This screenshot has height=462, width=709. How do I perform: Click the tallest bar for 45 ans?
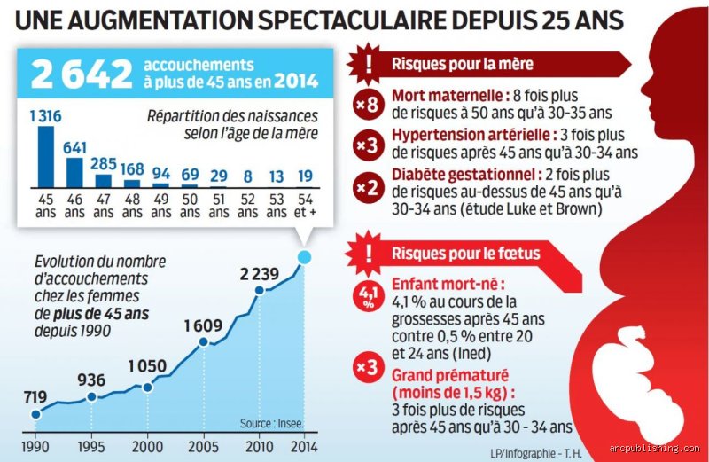pos(46,157)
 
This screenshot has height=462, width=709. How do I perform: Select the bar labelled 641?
pos(74,172)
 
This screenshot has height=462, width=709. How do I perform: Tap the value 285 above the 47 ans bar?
pos(104,163)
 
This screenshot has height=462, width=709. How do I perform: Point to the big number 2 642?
pos(82,73)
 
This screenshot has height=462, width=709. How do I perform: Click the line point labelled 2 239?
pos(260,291)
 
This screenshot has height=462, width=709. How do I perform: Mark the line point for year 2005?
pos(204,342)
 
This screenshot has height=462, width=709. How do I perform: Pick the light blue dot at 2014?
pos(304,257)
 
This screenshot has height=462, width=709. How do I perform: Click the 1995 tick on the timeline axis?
pos(91,447)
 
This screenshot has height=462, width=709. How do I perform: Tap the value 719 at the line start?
pos(35,397)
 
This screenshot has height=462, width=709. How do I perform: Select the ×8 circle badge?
pos(368,105)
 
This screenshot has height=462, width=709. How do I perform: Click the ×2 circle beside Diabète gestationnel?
pos(368,187)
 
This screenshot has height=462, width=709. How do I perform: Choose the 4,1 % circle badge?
pos(368,297)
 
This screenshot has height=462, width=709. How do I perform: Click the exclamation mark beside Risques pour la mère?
pos(369,64)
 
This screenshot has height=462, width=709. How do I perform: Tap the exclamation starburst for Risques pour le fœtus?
pos(369,254)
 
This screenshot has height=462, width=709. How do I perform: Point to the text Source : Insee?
pos(272,424)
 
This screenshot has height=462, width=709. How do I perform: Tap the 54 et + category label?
pos(305,206)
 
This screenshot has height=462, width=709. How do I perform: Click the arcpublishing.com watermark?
pos(654,449)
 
